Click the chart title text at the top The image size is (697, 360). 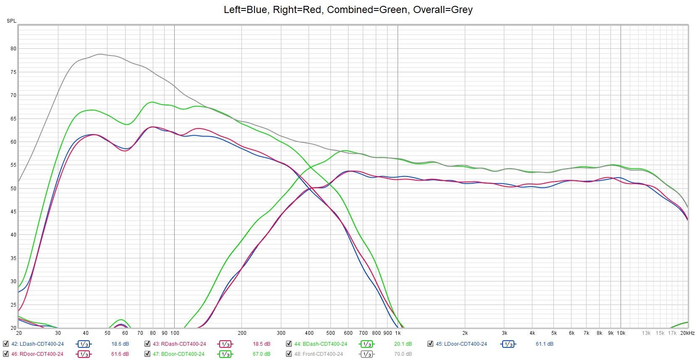(x=348, y=10)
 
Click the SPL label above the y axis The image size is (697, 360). (x=11, y=21)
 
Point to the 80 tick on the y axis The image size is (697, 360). (x=13, y=49)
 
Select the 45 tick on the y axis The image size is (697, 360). (x=13, y=212)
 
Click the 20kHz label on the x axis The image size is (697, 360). (x=687, y=333)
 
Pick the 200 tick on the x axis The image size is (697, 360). (x=242, y=333)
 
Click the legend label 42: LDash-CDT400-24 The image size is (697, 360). (x=37, y=344)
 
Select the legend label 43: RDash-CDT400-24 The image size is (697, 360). (x=179, y=344)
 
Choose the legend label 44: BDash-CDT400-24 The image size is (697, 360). (x=321, y=344)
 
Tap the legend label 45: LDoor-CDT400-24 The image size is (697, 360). (x=461, y=344)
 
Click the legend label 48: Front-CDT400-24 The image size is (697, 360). (x=319, y=354)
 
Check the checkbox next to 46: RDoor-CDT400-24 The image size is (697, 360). (x=5, y=354)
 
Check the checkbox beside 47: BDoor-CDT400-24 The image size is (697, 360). (x=147, y=354)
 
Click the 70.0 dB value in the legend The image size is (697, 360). (x=403, y=354)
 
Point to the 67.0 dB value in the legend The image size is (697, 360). (x=261, y=354)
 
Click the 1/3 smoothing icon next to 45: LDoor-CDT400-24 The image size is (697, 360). (x=508, y=344)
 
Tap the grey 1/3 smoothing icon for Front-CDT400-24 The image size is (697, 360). (x=367, y=354)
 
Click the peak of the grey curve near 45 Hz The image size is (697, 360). (x=100, y=54)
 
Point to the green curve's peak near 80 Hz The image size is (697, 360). (x=152, y=102)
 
